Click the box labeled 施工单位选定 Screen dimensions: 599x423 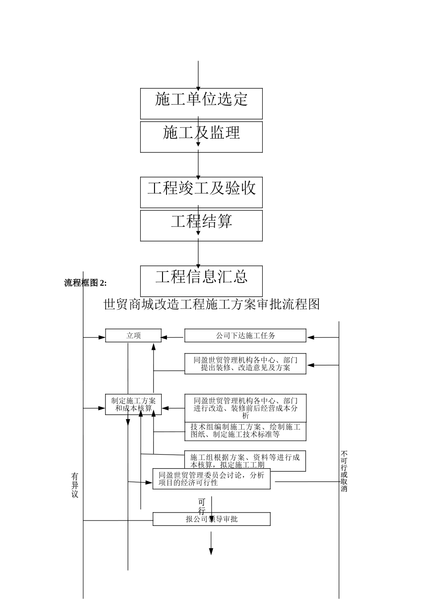tap(201, 103)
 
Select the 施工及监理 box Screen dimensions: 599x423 tap(201, 136)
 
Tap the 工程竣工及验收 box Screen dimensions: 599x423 tap(201, 192)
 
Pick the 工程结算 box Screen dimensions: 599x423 tap(201, 226)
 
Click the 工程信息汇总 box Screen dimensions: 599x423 tap(201, 280)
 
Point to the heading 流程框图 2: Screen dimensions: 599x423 tap(85, 283)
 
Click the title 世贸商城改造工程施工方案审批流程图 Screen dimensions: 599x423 tap(211, 305)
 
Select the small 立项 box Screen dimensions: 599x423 tap(133, 336)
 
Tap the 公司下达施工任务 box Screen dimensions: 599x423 tap(245, 336)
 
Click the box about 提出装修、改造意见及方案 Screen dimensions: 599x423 tap(245, 364)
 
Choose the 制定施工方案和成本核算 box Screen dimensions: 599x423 tap(133, 404)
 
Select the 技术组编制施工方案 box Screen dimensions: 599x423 tap(245, 431)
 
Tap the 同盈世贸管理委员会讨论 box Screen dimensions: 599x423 tap(211, 479)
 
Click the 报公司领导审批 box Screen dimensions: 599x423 tap(211, 519)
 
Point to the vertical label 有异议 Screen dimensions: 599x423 tap(75, 485)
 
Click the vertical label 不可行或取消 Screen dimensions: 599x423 tap(344, 471)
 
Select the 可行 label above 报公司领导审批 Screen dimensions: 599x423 tap(202, 507)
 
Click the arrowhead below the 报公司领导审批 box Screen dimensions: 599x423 tap(211, 551)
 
